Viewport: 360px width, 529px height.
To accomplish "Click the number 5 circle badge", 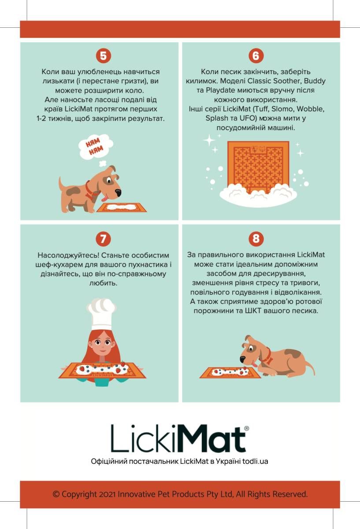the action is tap(104, 56).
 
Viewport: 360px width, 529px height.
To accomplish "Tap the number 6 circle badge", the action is tap(256, 56).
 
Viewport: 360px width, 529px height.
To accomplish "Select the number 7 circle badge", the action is tap(103, 239).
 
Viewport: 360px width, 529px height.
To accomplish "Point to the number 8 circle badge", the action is tap(256, 238).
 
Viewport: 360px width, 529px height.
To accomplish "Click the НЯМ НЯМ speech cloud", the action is tap(96, 146).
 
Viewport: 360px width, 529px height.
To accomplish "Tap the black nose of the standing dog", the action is tap(118, 193).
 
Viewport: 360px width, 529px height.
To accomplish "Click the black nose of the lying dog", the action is tap(242, 360).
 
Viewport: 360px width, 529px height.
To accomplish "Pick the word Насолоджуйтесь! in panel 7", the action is tap(68, 255).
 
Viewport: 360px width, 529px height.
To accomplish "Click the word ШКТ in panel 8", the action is tap(253, 310).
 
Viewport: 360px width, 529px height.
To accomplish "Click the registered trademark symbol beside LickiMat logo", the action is tap(246, 428).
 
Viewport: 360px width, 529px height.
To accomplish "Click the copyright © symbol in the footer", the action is tap(56, 494).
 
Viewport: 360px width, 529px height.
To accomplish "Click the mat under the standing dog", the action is tap(122, 207).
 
